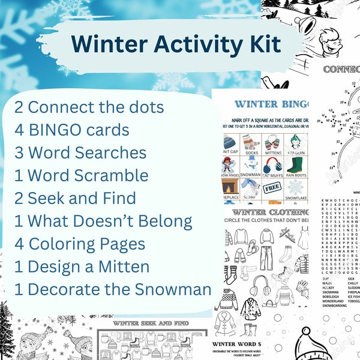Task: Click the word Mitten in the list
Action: click(x=131, y=266)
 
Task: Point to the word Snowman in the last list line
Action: click(x=176, y=289)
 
